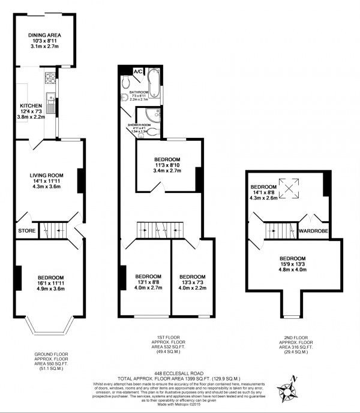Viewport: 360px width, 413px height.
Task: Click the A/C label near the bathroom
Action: [138, 72]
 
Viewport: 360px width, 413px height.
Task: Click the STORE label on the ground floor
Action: [26, 231]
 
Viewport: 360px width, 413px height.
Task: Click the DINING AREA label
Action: [44, 35]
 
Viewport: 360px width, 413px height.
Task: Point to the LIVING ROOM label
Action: [47, 175]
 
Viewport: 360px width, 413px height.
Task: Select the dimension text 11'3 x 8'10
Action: [166, 165]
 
